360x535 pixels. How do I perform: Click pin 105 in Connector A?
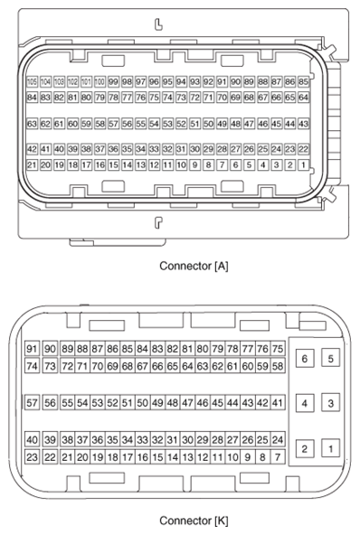[x=33, y=81]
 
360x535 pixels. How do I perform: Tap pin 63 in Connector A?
[x=33, y=124]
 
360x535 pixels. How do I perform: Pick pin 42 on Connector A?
[x=33, y=149]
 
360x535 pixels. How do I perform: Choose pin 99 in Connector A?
[x=114, y=81]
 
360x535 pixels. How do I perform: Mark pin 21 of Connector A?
[x=33, y=165]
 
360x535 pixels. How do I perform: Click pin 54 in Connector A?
[x=155, y=124]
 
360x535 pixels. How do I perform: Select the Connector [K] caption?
[x=193, y=521]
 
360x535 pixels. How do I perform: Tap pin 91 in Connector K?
[x=33, y=350]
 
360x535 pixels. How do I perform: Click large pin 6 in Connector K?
[x=305, y=360]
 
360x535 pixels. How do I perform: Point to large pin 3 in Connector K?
[x=331, y=403]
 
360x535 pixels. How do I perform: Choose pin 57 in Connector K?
[x=33, y=403]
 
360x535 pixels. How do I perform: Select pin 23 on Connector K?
[x=33, y=456]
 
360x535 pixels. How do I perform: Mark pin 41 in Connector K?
[x=278, y=403]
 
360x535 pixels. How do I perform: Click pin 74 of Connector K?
[x=33, y=366]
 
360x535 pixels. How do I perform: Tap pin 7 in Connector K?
[x=278, y=456]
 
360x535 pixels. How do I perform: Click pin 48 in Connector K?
[x=172, y=403]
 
